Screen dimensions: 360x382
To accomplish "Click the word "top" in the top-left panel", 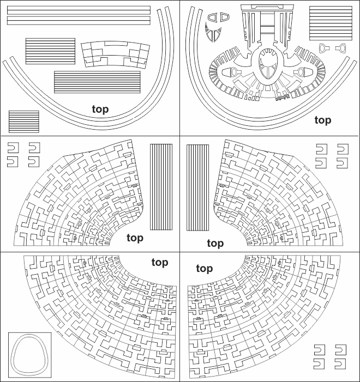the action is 100,110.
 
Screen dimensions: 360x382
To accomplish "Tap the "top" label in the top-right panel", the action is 323,120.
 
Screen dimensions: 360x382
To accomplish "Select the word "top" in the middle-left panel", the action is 135,238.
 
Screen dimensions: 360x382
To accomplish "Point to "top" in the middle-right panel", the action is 215,244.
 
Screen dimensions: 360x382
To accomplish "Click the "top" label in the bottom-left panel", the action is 160,263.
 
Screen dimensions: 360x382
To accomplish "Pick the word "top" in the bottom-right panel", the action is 205,269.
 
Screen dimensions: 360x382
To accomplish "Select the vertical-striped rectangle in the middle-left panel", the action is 161,187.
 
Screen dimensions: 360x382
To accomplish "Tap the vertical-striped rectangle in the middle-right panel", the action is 197,187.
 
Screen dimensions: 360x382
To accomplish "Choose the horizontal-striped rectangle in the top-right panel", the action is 331,23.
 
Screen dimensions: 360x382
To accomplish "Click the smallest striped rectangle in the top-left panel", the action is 24,122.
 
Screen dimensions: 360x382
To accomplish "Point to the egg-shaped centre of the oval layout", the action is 268,64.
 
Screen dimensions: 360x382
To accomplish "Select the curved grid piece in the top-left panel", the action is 116,54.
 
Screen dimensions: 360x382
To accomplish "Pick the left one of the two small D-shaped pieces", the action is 212,17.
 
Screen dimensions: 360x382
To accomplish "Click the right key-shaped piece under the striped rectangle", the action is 341,48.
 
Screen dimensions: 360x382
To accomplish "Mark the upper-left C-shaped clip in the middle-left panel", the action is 13,148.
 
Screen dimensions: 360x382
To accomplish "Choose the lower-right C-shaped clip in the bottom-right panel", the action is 340,364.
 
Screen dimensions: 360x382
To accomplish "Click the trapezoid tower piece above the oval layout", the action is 268,27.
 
